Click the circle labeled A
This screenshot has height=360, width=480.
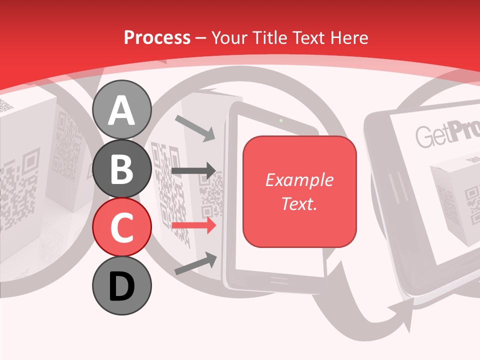pos(122,110)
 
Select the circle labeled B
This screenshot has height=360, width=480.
pos(122,169)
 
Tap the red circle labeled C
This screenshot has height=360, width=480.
pos(122,227)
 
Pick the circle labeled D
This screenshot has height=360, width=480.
pos(122,286)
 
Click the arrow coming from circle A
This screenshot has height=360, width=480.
pos(195,127)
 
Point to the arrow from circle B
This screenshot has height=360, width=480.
pos(194,171)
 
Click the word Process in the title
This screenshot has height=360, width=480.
pos(157,37)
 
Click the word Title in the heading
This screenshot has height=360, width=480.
pos(269,37)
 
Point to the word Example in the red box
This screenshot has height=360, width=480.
pos(299,180)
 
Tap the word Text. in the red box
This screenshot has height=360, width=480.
pos(299,203)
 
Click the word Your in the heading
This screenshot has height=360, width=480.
pos(230,37)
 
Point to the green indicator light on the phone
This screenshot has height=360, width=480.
pos(281,120)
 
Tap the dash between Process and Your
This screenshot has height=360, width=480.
pos(200,38)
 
